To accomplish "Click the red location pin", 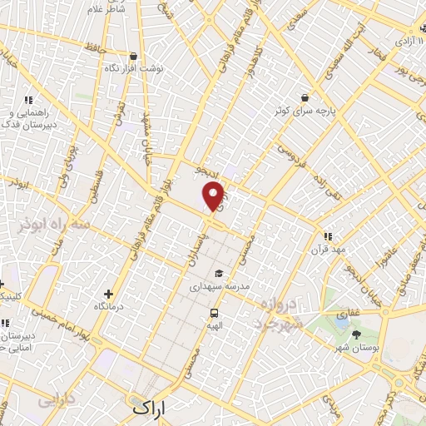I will pyautogui.click(x=215, y=196).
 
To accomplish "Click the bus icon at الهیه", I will pyautogui.click(x=215, y=314).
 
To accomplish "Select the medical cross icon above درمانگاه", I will pyautogui.click(x=109, y=294).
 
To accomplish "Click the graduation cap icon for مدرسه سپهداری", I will pyautogui.click(x=219, y=273).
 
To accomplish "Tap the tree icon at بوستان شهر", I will pyautogui.click(x=357, y=334).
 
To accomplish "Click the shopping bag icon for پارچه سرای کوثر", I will pyautogui.click(x=305, y=97).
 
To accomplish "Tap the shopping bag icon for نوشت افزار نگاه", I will pyautogui.click(x=132, y=56).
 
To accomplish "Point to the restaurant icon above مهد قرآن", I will pyautogui.click(x=328, y=236).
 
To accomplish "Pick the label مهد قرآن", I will pyautogui.click(x=327, y=249).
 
